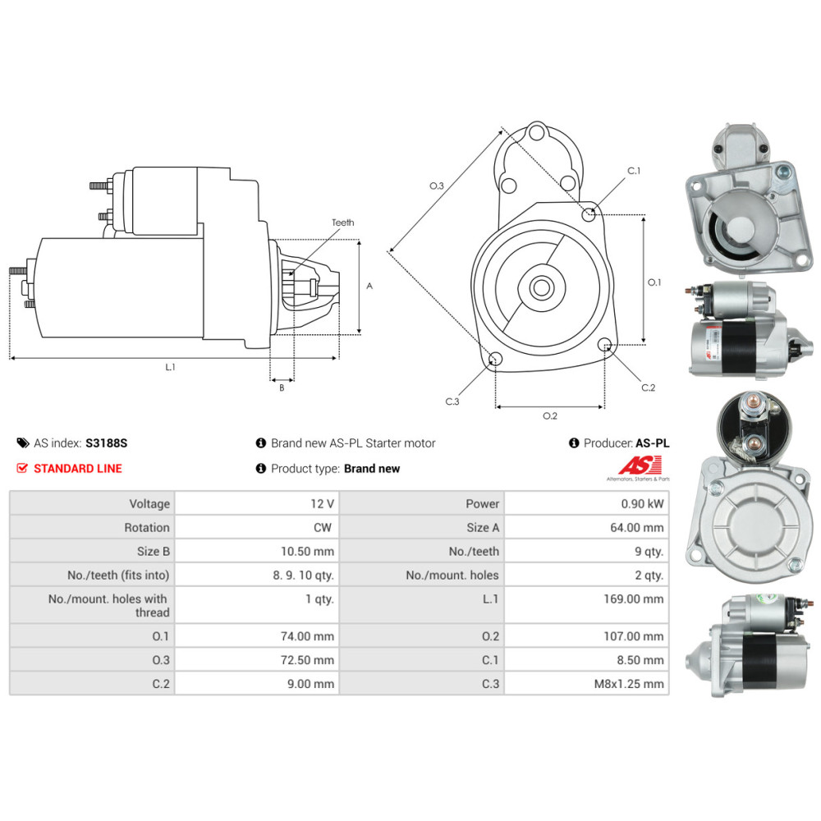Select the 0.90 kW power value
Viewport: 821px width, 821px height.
(x=644, y=503)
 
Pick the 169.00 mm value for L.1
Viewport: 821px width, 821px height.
(x=633, y=599)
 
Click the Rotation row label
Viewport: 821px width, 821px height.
(x=147, y=527)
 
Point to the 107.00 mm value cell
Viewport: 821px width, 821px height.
(x=633, y=636)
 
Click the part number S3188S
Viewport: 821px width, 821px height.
(x=107, y=443)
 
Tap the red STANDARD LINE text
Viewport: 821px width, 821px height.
(x=77, y=468)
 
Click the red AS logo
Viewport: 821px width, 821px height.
(x=634, y=466)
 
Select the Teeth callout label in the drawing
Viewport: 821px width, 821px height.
(x=342, y=222)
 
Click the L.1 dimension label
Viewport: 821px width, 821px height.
(x=170, y=367)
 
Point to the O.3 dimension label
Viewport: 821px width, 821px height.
(x=437, y=186)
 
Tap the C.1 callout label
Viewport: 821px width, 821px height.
(x=634, y=171)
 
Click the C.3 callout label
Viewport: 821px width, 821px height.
(x=452, y=401)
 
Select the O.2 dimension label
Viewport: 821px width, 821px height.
(x=550, y=415)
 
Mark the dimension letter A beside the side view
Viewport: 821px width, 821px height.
(x=369, y=286)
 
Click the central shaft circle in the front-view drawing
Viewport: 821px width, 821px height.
(x=541, y=287)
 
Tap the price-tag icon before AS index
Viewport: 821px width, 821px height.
(x=22, y=443)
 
